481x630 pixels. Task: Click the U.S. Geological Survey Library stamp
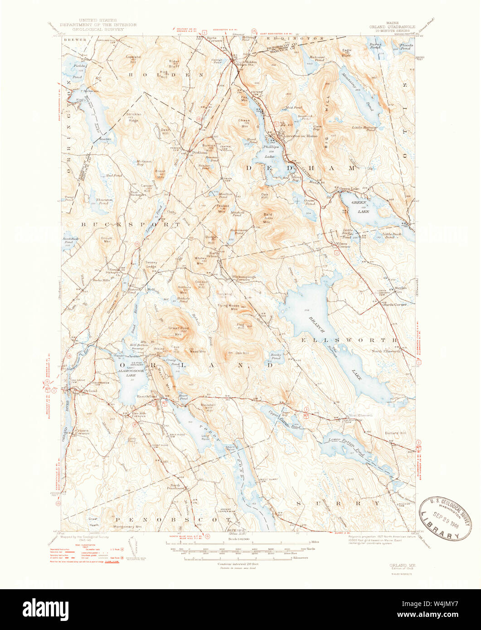coord(445,518)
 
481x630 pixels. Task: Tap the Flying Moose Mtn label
coord(234,306)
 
